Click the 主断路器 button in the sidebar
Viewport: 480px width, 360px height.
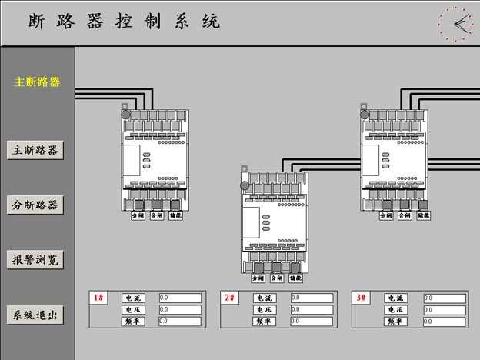click(35, 150)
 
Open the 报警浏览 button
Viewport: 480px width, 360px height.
click(35, 260)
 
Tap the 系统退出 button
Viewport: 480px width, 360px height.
click(35, 315)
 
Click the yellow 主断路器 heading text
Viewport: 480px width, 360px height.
click(37, 82)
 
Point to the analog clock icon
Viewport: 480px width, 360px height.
click(455, 24)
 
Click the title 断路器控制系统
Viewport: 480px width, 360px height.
click(124, 22)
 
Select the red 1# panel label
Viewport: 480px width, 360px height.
click(99, 298)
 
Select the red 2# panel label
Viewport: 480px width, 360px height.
click(230, 298)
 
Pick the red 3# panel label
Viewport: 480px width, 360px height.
click(362, 298)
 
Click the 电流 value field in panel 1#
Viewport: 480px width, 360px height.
click(179, 298)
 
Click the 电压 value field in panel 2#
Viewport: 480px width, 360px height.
click(311, 309)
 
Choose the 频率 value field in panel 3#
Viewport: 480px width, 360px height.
click(444, 322)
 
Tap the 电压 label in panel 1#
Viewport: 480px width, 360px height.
click(133, 309)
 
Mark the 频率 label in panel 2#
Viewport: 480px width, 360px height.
click(264, 322)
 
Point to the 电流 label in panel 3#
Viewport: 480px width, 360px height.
click(395, 298)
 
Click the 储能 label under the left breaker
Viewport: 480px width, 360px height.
click(175, 216)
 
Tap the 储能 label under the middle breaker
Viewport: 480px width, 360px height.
click(295, 278)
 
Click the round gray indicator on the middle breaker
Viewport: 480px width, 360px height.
click(245, 185)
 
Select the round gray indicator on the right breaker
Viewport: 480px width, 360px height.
click(365, 115)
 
